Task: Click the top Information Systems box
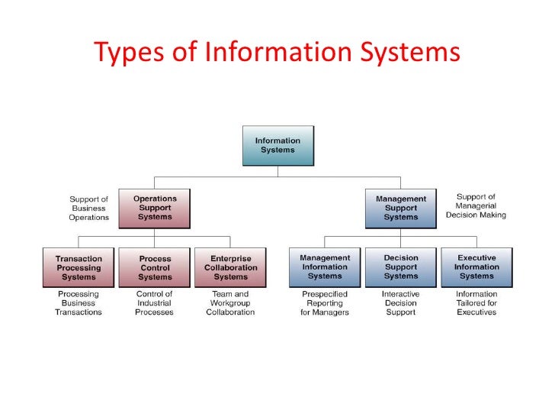277,146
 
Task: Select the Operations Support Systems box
155,208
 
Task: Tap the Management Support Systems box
401,208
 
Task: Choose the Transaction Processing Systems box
79,268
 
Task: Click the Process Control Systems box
155,268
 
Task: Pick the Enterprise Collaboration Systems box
230,268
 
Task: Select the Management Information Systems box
325,268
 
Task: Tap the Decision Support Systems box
401,268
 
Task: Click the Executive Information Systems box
476,268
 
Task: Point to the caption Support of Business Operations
90,208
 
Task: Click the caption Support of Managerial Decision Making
476,206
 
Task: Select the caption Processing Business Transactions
79,303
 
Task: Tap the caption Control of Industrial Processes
155,303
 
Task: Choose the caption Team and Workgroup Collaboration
230,303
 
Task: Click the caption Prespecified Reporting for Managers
325,303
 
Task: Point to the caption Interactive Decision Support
401,303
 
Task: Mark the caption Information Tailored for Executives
476,303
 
